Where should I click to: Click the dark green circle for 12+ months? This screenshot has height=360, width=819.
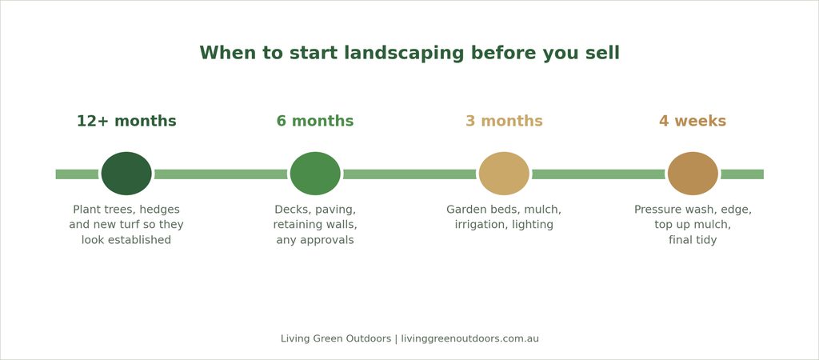(126, 174)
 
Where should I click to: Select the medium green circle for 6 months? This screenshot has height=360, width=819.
(315, 174)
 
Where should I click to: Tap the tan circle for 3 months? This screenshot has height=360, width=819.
(504, 174)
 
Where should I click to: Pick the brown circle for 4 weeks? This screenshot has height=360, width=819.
(693, 174)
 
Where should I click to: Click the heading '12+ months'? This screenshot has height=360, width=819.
(126, 122)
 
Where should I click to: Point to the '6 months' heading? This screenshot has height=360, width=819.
(315, 122)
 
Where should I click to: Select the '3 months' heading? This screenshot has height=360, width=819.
(504, 122)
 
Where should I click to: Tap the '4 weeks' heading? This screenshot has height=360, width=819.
(693, 122)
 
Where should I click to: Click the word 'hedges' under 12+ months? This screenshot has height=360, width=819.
(159, 210)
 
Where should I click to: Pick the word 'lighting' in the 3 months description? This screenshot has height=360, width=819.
(535, 225)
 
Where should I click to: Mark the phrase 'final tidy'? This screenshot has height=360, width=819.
(693, 240)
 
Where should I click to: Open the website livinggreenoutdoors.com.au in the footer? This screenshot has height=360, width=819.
(470, 338)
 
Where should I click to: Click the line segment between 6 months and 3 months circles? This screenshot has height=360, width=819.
(409, 174)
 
